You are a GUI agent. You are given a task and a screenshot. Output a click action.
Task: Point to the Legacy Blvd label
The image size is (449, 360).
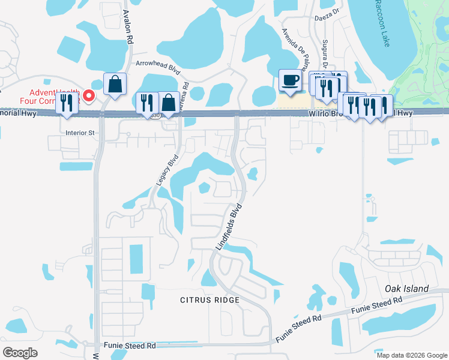[173, 170]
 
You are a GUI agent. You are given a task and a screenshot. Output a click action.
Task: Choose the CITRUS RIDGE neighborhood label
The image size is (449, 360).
[210, 299]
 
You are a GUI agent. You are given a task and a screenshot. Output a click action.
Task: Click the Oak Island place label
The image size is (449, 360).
[406, 289]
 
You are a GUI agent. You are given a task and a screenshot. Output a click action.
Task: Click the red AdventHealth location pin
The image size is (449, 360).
[89, 95]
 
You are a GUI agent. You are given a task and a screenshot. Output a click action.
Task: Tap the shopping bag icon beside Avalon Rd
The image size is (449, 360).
[115, 84]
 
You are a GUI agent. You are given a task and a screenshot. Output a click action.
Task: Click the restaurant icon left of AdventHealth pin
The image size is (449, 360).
[65, 103]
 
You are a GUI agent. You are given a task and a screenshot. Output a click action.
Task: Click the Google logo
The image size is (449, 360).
[20, 353]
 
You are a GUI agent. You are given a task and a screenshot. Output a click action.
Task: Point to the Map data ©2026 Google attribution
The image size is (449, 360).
[412, 355]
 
